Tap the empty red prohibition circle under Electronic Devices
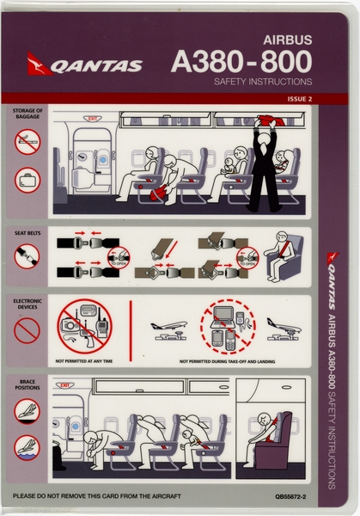[x=27, y=330]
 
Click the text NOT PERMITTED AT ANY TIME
[x=85, y=361]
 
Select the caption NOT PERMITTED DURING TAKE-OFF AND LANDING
[x=228, y=361]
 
